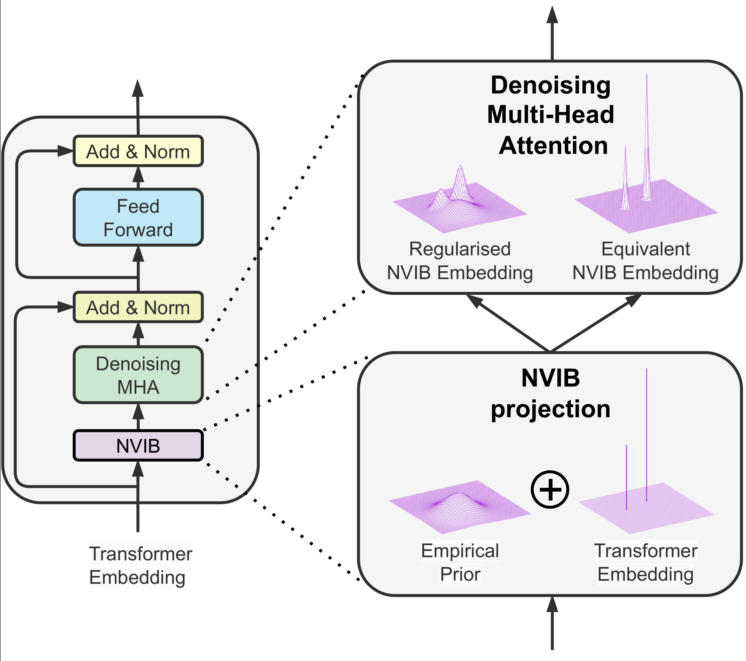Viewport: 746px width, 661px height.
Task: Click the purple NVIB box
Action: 138,445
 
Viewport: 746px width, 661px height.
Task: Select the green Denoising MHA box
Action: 138,375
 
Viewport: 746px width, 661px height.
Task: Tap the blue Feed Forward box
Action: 138,217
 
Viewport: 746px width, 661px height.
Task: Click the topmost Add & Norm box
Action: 138,151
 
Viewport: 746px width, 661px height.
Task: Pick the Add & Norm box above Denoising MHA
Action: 138,307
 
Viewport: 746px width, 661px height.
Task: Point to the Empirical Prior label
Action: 460,562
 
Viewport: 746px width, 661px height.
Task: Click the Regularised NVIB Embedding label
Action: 460,261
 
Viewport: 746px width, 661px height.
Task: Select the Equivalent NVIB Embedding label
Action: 645,261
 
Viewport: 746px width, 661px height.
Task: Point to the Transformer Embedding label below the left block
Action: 140,565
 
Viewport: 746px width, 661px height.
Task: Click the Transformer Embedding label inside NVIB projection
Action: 645,562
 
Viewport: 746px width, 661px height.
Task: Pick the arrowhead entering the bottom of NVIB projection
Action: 552,605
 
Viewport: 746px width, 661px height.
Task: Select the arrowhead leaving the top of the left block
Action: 138,88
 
